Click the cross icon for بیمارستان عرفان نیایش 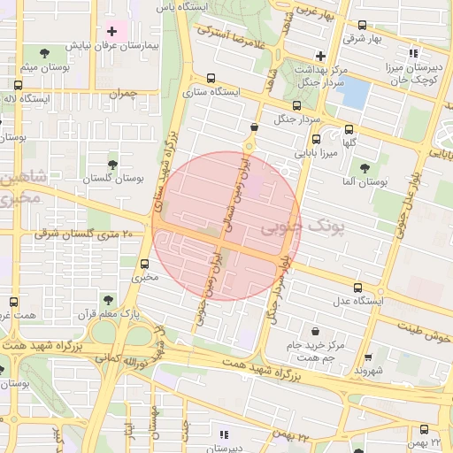111,32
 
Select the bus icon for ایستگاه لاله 19,86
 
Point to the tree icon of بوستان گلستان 111,165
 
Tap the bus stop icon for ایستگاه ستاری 210,78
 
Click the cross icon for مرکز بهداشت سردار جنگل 320,56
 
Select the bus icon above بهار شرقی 362,26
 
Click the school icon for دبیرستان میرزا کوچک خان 413,53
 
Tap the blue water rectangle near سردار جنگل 353,90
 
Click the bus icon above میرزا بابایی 316,138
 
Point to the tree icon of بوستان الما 365,167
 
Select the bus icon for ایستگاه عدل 357,288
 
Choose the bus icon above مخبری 144,264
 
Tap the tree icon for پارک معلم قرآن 108,300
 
